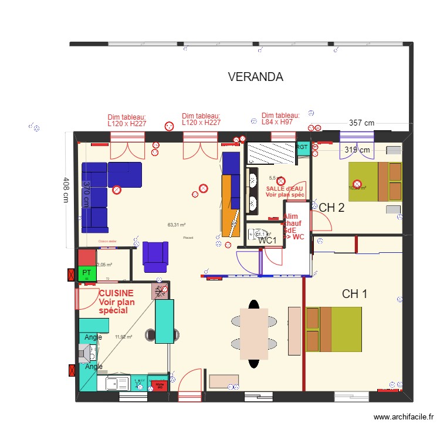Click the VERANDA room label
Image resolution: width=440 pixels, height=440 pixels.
(255, 77)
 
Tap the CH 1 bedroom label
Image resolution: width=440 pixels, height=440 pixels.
(354, 294)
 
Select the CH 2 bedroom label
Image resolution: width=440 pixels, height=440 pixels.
(331, 207)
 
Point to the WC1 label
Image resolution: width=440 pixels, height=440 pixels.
(268, 241)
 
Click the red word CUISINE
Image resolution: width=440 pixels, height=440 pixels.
(116, 292)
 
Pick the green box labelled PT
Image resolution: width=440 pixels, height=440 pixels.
(87, 273)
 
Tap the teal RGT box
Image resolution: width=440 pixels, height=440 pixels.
(302, 147)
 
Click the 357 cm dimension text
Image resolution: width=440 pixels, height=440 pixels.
(361, 123)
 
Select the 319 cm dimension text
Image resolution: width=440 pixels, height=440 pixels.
(357, 150)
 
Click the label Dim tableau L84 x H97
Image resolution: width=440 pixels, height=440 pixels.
(280, 119)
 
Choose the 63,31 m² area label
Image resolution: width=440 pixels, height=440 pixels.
(177, 225)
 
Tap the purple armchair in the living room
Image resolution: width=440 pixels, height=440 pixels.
(155, 257)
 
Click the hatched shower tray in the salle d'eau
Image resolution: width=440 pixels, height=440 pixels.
(270, 154)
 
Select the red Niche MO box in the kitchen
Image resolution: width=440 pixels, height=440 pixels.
(159, 385)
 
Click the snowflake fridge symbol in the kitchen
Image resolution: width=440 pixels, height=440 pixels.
(160, 291)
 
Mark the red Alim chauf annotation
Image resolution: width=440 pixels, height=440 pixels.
(294, 226)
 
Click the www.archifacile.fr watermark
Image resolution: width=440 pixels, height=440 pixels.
(404, 418)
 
